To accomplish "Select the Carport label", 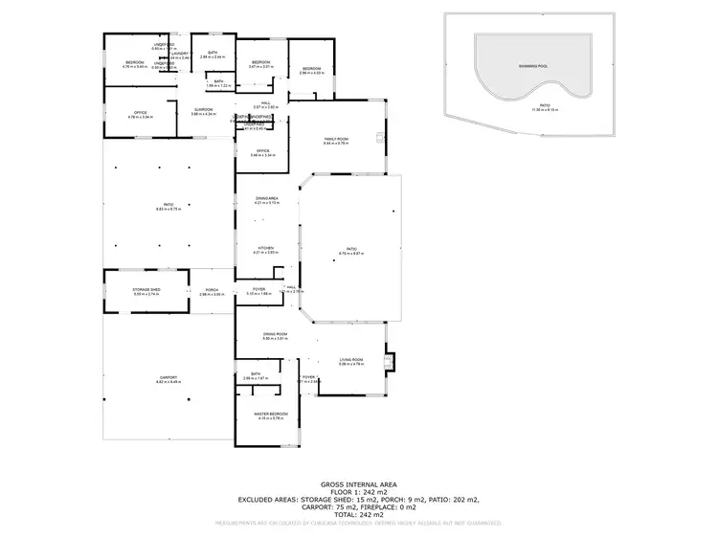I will pos(168,378).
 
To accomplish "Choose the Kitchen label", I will pos(265,247).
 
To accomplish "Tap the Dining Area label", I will pos(265,198).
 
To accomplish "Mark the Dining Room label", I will pos(276,334).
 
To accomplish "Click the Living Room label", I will pos(350,359).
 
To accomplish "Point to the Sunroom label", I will pos(202,109).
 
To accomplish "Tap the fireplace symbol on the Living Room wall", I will pos(388,361).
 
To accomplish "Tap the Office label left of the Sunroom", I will pos(140,116).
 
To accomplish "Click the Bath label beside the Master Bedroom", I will pos(256,373).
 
